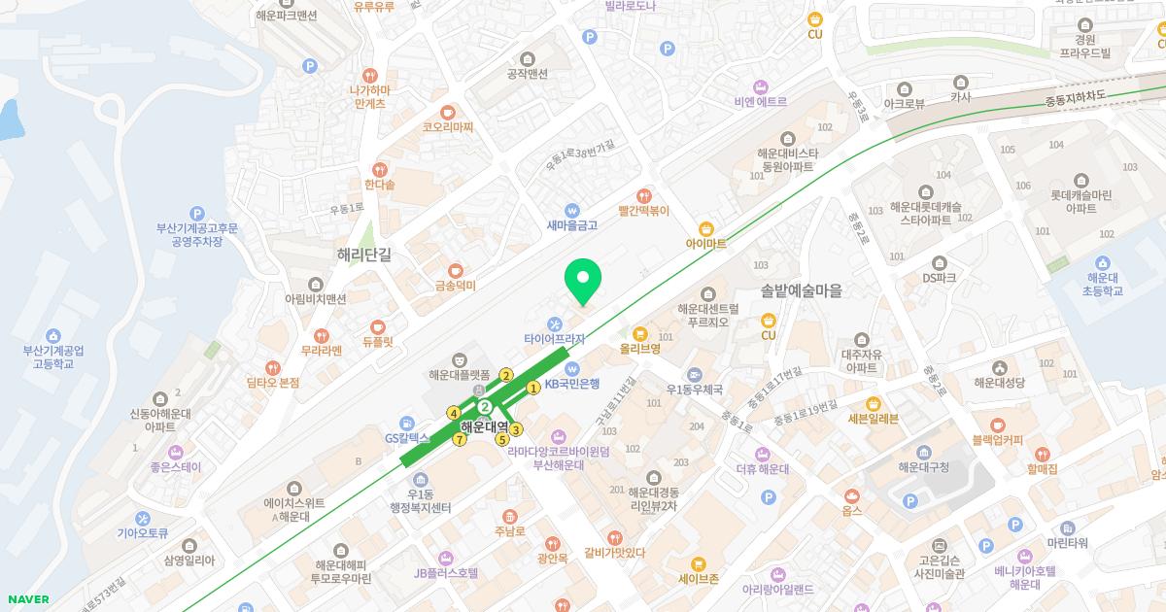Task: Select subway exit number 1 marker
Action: pyautogui.click(x=533, y=389)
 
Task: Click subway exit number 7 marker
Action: pyautogui.click(x=461, y=438)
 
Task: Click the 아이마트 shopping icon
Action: pyautogui.click(x=706, y=227)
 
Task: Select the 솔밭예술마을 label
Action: pyautogui.click(x=802, y=290)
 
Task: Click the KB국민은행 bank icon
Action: pyautogui.click(x=572, y=368)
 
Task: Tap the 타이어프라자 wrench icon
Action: pyautogui.click(x=554, y=323)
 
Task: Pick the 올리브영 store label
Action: pyautogui.click(x=640, y=348)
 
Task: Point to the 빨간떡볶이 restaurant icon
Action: pyautogui.click(x=642, y=193)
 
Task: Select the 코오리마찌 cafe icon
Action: pyautogui.click(x=447, y=112)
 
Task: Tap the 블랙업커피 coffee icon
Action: pyautogui.click(x=997, y=425)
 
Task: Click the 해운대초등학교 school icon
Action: pyautogui.click(x=1102, y=262)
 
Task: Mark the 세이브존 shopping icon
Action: pyautogui.click(x=698, y=563)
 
